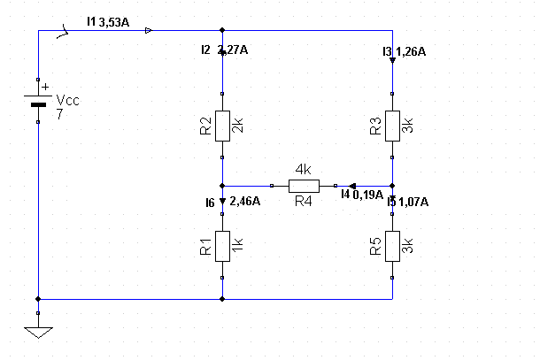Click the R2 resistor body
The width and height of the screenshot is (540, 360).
click(222, 126)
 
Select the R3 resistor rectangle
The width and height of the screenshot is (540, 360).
click(392, 126)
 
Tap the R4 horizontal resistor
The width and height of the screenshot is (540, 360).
click(304, 186)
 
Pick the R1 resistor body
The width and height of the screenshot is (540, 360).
click(222, 247)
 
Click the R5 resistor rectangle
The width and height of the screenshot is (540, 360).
click(392, 247)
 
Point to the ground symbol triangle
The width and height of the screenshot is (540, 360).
click(38, 333)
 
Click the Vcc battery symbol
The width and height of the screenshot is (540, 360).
click(38, 101)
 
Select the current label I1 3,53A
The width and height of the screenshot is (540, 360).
click(108, 22)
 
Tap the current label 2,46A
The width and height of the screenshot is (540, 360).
click(245, 201)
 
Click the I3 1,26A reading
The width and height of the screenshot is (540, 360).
click(405, 51)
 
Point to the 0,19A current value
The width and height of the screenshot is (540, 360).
click(367, 195)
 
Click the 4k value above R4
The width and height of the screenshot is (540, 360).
click(304, 169)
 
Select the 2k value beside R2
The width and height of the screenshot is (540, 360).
click(237, 126)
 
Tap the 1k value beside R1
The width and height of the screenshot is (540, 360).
click(237, 245)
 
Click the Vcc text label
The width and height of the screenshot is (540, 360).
click(68, 101)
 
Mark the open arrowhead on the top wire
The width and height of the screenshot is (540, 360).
click(149, 31)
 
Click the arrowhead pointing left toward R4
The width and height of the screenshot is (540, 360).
click(352, 186)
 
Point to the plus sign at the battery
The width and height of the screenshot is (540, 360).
click(45, 87)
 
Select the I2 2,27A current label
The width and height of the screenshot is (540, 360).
click(225, 50)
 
